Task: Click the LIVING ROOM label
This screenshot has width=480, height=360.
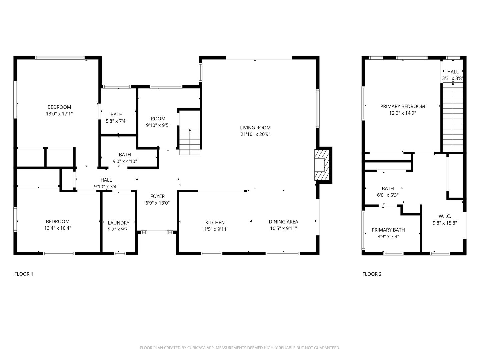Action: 255,128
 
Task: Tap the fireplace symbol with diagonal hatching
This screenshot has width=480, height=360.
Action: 321,165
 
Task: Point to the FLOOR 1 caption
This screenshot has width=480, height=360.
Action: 24,274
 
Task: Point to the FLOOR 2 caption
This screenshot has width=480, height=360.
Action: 372,274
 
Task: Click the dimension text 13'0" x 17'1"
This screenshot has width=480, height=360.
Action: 59,114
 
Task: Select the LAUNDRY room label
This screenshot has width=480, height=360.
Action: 118,223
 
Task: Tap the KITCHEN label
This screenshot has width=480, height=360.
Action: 215,222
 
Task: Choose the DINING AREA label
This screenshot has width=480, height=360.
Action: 283,222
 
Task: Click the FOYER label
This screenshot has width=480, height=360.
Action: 157,196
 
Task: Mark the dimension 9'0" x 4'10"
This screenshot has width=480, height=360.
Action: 125,161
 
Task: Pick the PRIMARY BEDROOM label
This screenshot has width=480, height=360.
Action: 402,106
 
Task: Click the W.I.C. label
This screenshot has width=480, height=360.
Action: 445,216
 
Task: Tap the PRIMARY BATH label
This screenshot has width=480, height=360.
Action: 388,230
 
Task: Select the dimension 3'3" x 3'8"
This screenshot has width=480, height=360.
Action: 452,78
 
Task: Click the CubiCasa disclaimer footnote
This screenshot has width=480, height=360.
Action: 240,348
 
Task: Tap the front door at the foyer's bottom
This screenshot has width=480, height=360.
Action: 157,232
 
